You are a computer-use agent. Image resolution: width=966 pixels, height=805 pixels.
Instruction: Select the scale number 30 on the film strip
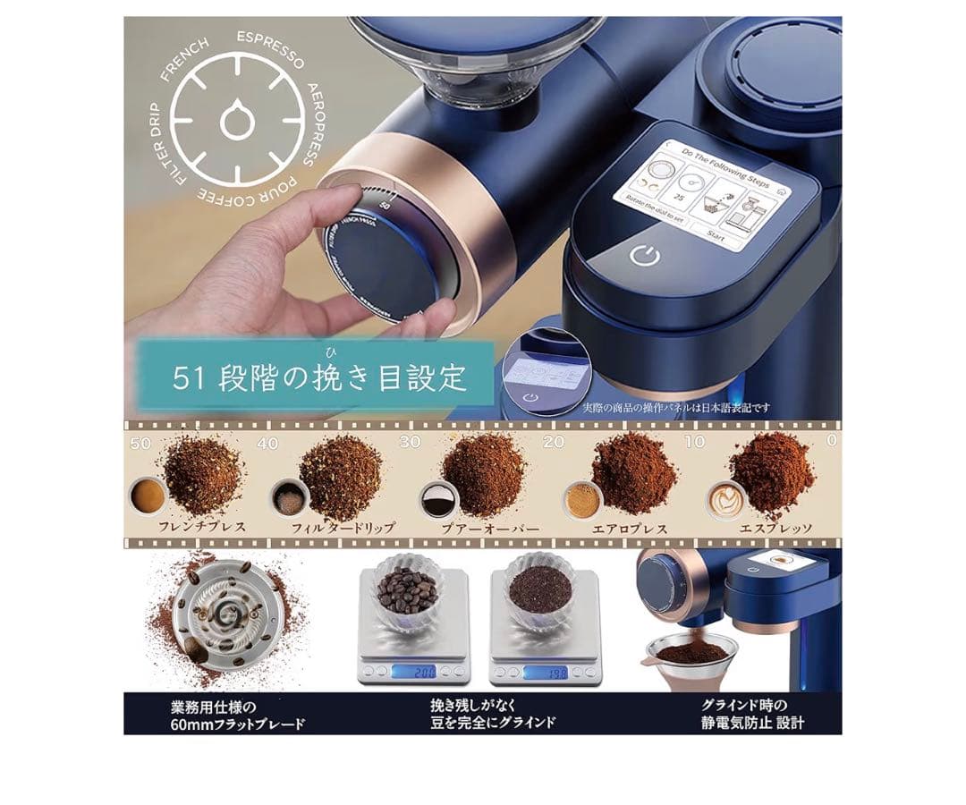pyautogui.click(x=410, y=442)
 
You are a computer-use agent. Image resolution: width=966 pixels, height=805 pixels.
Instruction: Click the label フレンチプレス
pyautogui.click(x=201, y=528)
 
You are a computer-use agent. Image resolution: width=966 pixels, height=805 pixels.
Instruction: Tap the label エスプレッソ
pyautogui.click(x=775, y=529)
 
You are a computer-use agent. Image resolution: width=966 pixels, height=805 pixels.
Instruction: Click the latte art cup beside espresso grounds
pyautogui.click(x=726, y=501)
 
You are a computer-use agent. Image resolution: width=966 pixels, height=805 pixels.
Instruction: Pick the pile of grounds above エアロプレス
pyautogui.click(x=633, y=472)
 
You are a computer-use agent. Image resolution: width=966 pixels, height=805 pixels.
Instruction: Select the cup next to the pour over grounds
pyautogui.click(x=438, y=501)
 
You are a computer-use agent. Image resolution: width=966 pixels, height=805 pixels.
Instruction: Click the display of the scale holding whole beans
pyautogui.click(x=412, y=671)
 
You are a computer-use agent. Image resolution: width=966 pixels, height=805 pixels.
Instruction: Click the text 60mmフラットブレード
pyautogui.click(x=237, y=723)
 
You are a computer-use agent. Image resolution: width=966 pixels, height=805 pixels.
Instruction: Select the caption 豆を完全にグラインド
pyautogui.click(x=492, y=723)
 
